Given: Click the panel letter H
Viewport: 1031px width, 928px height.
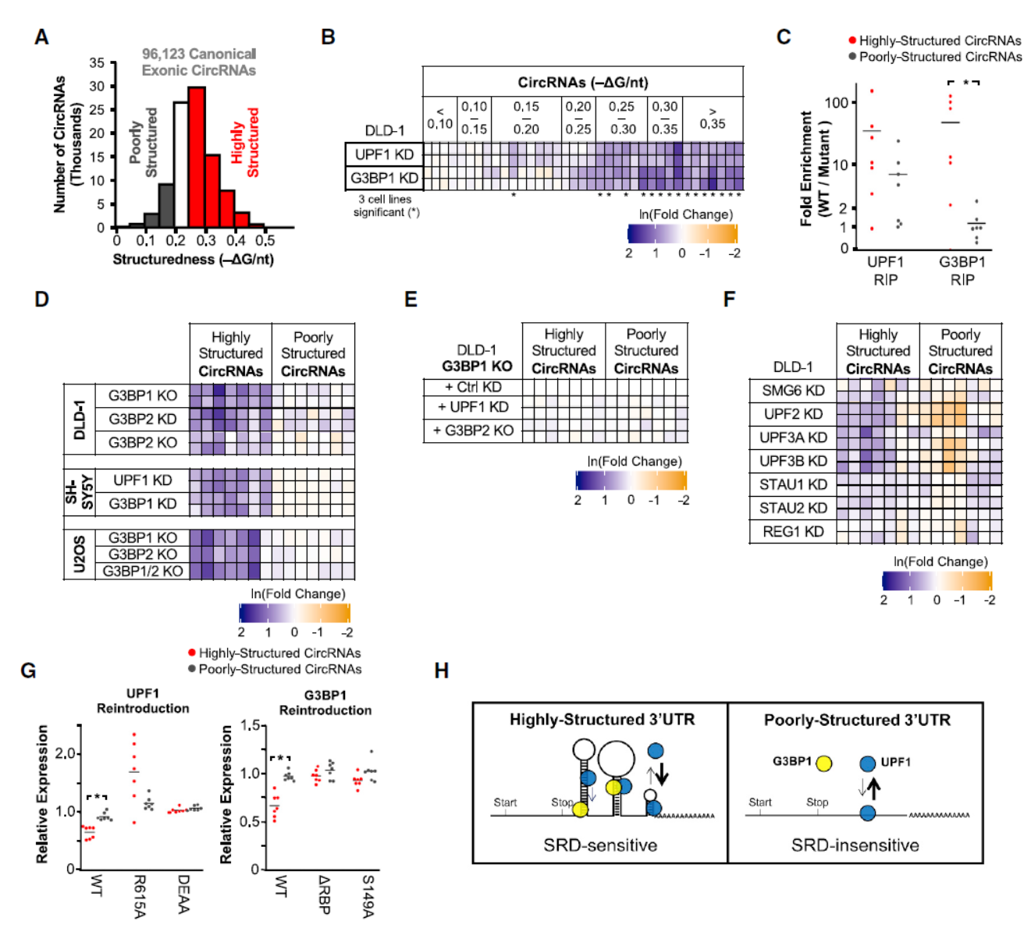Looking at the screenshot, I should tap(441, 671).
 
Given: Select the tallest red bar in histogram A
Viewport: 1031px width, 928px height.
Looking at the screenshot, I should tap(197, 156).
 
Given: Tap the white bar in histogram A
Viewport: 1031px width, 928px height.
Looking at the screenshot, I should tap(180, 164).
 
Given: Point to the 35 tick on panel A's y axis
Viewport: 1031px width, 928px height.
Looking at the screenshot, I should tap(97, 63).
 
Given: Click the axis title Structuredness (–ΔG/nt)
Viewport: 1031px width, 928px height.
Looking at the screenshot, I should tap(193, 259).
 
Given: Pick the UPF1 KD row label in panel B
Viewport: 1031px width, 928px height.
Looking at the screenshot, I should tap(384, 154).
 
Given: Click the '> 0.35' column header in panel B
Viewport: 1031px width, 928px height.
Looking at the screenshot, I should tap(712, 118).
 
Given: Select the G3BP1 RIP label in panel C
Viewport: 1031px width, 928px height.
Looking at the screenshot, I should tap(962, 271).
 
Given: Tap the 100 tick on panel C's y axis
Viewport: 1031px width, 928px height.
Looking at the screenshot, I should tap(836, 103).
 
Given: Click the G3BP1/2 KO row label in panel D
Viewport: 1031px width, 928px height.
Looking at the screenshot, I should tap(143, 571).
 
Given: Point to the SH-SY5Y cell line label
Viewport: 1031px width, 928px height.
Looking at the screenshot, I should tap(79, 492).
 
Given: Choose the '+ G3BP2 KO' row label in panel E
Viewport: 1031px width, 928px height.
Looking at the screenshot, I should tap(473, 430).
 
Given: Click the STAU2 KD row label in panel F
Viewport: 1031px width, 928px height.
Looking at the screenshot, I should tap(793, 508).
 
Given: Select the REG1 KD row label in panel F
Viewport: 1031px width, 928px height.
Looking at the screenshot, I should tap(793, 531).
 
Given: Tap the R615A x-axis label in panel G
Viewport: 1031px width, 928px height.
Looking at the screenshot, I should tap(138, 895).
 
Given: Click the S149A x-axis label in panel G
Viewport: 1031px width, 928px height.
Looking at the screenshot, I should tap(368, 895).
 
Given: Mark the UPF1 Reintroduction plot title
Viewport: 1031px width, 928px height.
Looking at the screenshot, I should tap(143, 700).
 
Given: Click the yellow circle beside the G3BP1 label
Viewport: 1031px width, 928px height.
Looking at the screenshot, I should tap(823, 763).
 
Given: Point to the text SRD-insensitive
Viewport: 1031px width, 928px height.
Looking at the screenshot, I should tap(855, 845).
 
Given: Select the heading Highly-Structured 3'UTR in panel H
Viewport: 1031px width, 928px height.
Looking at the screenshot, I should tap(602, 720).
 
